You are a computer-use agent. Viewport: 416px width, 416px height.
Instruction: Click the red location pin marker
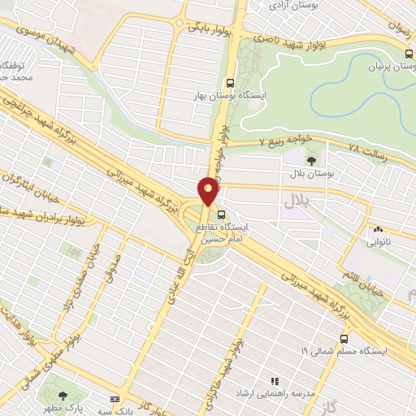point(209,191)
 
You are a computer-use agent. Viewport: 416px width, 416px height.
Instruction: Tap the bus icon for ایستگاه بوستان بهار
point(231,83)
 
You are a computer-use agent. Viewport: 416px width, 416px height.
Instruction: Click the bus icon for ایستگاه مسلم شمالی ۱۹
point(344,338)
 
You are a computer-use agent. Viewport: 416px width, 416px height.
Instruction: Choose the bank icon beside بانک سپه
point(114,399)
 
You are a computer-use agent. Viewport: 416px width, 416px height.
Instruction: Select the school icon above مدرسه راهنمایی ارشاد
point(275,380)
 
